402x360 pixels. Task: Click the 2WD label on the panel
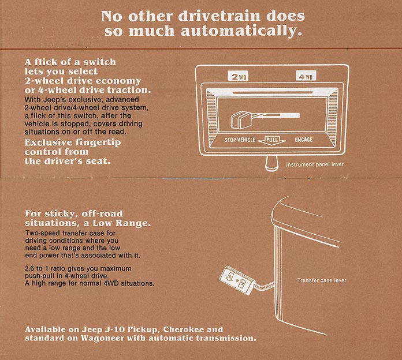click(x=238, y=76)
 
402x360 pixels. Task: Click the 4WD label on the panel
click(x=306, y=76)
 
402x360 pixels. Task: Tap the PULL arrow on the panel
click(x=271, y=140)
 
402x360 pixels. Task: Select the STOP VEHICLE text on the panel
click(x=240, y=140)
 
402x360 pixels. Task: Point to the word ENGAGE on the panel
click(x=304, y=140)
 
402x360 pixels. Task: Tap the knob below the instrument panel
click(x=272, y=163)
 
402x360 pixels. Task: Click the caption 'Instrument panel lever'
click(x=315, y=164)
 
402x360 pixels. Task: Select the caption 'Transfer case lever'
click(x=322, y=280)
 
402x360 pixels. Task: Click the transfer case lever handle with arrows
click(x=236, y=280)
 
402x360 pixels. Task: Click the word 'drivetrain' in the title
click(x=219, y=16)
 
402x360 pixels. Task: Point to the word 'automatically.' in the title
click(x=241, y=31)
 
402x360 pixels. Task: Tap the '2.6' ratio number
click(x=29, y=269)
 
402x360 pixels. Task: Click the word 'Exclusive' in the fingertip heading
click(x=44, y=142)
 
